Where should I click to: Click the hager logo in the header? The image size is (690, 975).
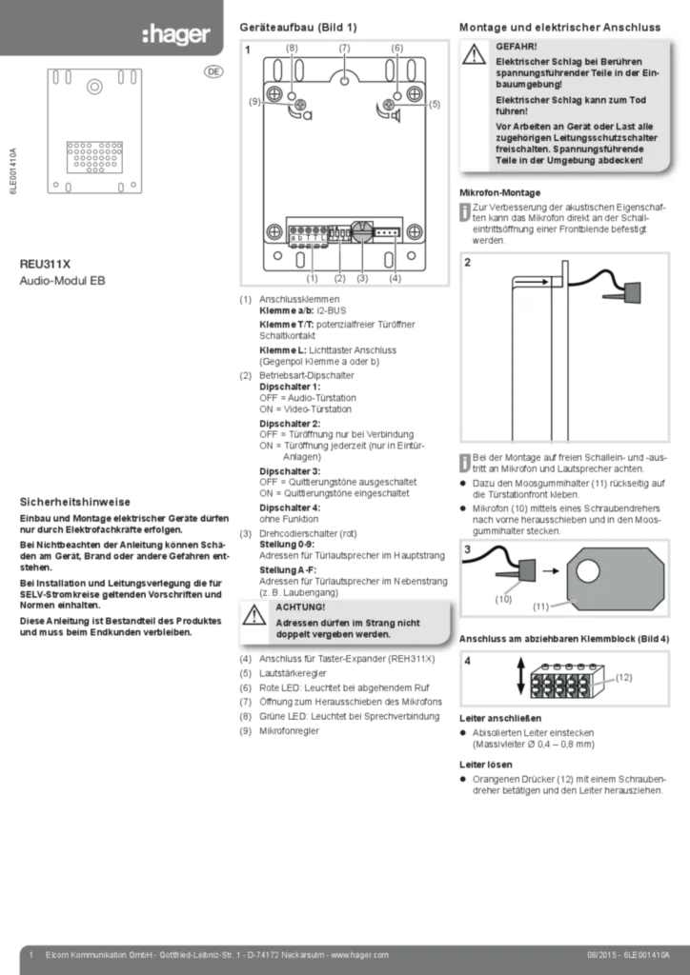click(x=175, y=35)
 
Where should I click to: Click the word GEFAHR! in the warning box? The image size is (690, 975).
click(x=517, y=46)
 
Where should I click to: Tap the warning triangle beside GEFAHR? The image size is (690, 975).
click(x=475, y=55)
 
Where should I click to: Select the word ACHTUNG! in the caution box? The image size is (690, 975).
click(x=300, y=607)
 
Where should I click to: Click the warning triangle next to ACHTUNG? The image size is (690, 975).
click(x=254, y=616)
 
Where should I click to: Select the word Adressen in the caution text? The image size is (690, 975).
click(x=298, y=622)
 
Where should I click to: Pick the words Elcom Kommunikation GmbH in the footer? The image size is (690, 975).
click(x=96, y=954)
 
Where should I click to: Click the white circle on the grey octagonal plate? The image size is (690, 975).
click(x=588, y=570)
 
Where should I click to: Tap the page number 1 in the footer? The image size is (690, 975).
click(x=32, y=954)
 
